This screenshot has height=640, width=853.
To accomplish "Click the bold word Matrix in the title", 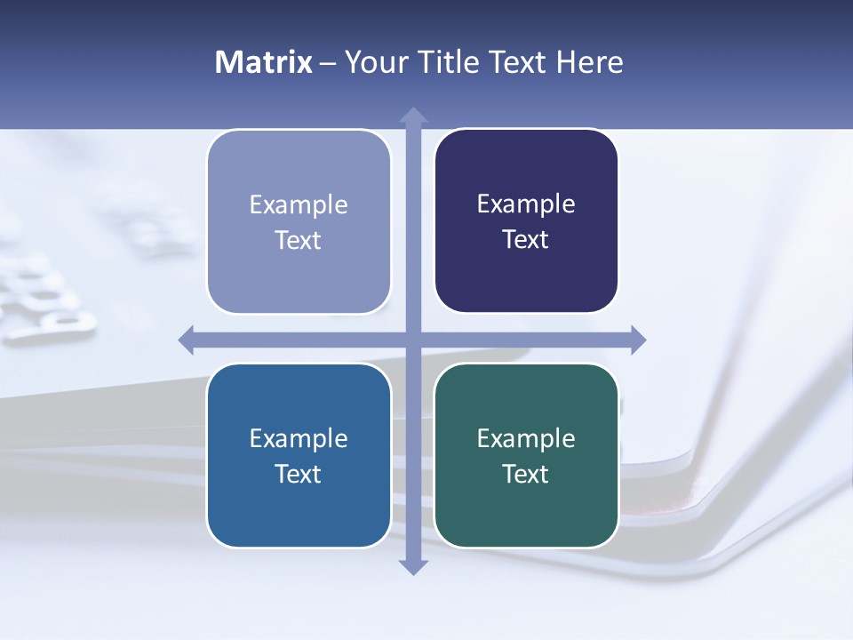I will pyautogui.click(x=264, y=62).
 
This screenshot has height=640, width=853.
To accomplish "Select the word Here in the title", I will pyautogui.click(x=590, y=62).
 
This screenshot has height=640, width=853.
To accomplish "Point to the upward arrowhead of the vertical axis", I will pyautogui.click(x=413, y=116).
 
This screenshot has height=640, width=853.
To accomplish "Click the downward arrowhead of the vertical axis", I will pyautogui.click(x=413, y=566).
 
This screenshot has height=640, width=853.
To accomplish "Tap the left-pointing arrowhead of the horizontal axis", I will pyautogui.click(x=187, y=340).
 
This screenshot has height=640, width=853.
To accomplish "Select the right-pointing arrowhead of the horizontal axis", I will pyautogui.click(x=637, y=340).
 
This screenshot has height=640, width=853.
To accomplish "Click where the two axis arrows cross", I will pyautogui.click(x=413, y=340).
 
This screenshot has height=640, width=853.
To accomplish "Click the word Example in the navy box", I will pyautogui.click(x=526, y=204).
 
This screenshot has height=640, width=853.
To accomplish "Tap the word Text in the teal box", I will pyautogui.click(x=526, y=474).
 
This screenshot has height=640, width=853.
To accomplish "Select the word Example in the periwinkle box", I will pyautogui.click(x=299, y=205).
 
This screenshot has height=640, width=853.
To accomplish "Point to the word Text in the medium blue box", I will pyautogui.click(x=299, y=474).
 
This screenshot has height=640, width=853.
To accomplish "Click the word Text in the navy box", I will pyautogui.click(x=526, y=240).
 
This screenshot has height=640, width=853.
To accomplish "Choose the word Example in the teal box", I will pyautogui.click(x=526, y=438).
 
